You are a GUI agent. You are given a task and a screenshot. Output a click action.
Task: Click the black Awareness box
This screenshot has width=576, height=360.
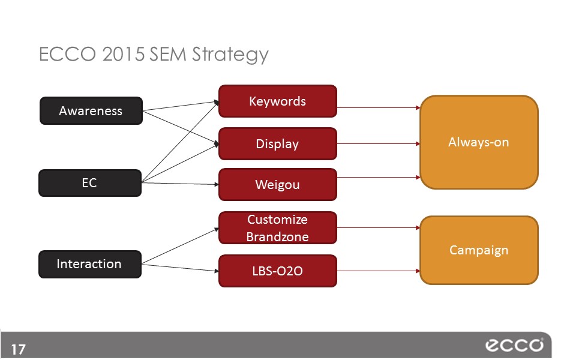point(91,110)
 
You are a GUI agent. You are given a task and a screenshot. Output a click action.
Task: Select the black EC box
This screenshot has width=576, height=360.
point(90,183)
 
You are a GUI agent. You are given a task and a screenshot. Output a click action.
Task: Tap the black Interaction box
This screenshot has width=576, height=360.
point(90,264)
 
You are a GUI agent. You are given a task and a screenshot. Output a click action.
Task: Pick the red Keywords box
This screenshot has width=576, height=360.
point(277,101)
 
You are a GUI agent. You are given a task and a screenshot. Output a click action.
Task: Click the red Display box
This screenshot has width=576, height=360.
point(277,144)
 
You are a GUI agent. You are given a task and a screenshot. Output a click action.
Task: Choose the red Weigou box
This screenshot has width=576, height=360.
point(277,184)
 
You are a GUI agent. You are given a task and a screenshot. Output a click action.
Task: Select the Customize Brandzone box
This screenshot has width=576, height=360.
point(277,228)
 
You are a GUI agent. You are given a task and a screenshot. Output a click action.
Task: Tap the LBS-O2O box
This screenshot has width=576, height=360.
point(277,271)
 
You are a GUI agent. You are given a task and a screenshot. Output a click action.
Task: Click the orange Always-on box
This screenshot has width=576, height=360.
point(479,142)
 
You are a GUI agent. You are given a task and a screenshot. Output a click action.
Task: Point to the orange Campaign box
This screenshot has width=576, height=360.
point(479,250)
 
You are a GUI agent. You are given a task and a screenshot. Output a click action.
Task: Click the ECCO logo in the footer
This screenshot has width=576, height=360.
point(514,346)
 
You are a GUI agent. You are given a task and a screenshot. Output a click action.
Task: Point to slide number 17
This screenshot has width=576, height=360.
point(18,349)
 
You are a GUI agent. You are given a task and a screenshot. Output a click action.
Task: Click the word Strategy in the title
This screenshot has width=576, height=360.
point(231,55)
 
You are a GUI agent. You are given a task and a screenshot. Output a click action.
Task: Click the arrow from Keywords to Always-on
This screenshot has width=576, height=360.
point(378,108)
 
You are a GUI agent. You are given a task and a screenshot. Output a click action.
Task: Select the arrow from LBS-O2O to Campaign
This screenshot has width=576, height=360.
point(378,271)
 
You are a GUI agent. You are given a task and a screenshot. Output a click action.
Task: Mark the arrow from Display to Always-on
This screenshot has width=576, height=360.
point(378,144)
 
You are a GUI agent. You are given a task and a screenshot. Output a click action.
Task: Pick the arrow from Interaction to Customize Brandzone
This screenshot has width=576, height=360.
point(180,245)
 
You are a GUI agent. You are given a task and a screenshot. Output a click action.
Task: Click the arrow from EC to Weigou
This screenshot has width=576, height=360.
point(180,183)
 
